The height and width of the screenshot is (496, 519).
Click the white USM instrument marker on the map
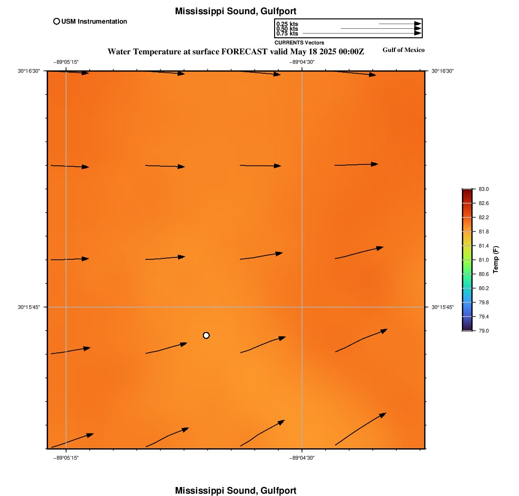pos(206,335)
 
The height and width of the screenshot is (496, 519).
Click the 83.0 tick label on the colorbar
pos(484,189)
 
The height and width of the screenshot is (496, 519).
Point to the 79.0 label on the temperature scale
pos(484,331)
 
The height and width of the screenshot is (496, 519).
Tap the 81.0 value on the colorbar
pos(484,260)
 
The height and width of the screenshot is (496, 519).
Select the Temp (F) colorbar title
pos(496,260)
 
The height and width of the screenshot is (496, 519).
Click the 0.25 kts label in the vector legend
pos(287,24)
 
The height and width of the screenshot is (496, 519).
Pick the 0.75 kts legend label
pos(287,34)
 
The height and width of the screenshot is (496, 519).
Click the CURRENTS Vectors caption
pos(299,43)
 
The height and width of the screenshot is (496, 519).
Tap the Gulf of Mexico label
pos(403,50)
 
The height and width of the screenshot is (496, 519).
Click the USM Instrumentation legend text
pos(94,21)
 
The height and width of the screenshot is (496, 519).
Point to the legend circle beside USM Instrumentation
pos(57,21)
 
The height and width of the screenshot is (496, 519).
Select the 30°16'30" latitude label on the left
pos(29,71)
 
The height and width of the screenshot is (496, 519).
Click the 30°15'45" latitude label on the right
pos(443,307)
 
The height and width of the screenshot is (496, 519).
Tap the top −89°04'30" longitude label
pos(302,62)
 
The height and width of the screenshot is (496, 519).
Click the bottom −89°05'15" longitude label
pos(66,457)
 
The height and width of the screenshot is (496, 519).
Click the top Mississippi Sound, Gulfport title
pos(235,11)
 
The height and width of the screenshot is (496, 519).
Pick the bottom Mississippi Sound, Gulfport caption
pos(235,490)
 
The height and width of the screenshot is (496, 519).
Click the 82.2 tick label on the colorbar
pos(484,217)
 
